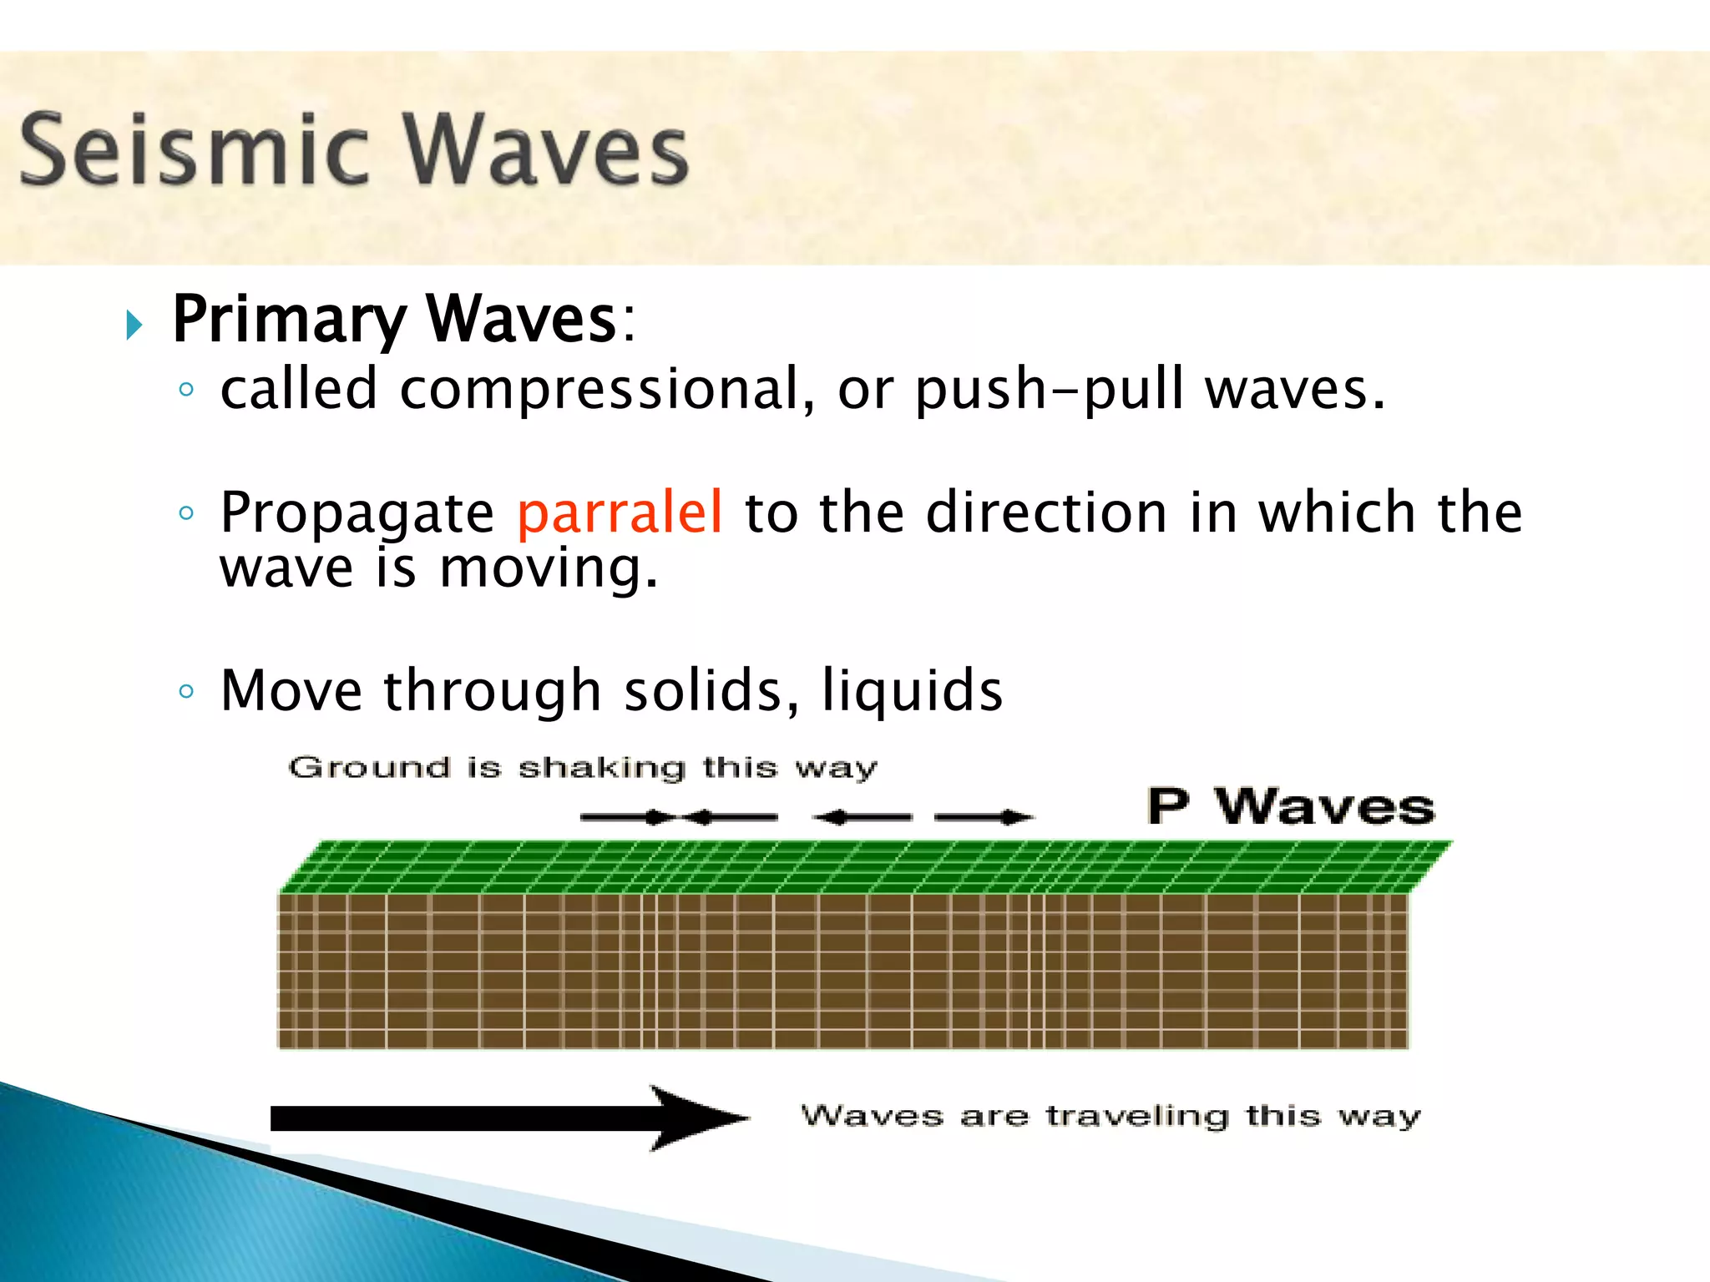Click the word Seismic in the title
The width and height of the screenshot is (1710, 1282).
194,150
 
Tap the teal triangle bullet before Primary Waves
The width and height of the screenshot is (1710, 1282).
134,324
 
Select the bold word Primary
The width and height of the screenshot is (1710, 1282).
288,320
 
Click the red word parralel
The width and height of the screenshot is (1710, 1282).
620,512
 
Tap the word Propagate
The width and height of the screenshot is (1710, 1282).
357,513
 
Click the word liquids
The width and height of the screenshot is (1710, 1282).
912,691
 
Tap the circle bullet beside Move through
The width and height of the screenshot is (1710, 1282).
186,691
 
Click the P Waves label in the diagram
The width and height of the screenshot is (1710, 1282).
1290,806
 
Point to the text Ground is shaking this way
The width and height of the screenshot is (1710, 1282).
583,767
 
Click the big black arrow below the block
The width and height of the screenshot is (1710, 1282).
509,1118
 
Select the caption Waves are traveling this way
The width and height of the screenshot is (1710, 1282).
1110,1116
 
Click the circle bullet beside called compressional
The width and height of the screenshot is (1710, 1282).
186,390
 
